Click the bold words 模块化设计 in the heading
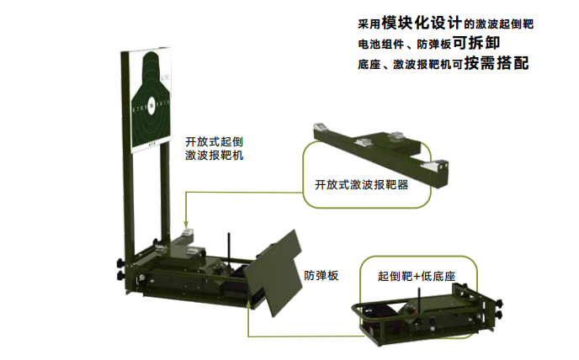[422, 23]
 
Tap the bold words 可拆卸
[476, 43]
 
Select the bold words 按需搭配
[497, 63]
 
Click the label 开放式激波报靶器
[362, 184]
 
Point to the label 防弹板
[321, 275]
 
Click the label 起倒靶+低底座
[417, 276]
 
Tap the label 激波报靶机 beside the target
[214, 156]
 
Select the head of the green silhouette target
[151, 63]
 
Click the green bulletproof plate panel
[274, 273]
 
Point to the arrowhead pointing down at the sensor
[186, 224]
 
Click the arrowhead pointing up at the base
[248, 304]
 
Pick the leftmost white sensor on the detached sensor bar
[321, 128]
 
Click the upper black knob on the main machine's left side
[120, 263]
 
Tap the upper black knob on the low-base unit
[500, 304]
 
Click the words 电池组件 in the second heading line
[380, 45]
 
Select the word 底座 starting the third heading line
[369, 65]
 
